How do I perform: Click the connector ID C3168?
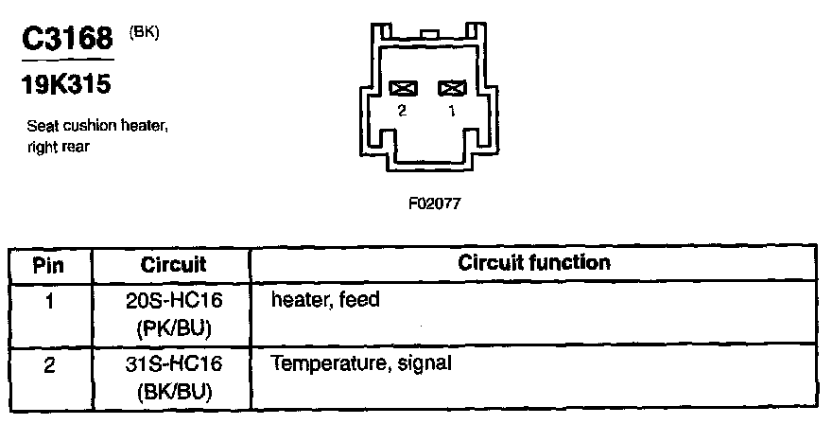[66, 40]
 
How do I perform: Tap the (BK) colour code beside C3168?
[142, 30]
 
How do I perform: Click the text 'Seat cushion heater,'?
[97, 126]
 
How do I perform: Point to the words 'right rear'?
[59, 146]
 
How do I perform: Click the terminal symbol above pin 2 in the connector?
[404, 88]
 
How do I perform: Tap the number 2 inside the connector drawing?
[403, 111]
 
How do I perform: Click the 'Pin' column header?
[48, 264]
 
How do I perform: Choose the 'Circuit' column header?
[173, 264]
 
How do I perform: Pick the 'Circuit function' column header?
[534, 262]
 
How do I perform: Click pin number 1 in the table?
[48, 302]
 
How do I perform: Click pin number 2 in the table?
[48, 364]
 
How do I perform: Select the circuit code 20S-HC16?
[173, 302]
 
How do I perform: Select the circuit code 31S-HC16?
[173, 364]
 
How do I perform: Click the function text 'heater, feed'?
[325, 301]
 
